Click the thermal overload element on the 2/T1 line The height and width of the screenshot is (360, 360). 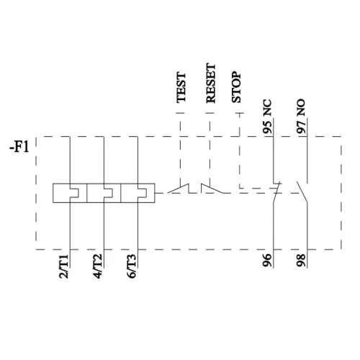(x=69, y=193)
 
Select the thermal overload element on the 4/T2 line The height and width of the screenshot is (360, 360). (x=104, y=193)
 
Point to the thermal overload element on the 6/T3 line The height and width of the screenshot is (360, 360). (x=138, y=193)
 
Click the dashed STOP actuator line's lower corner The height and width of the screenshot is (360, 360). (x=239, y=191)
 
